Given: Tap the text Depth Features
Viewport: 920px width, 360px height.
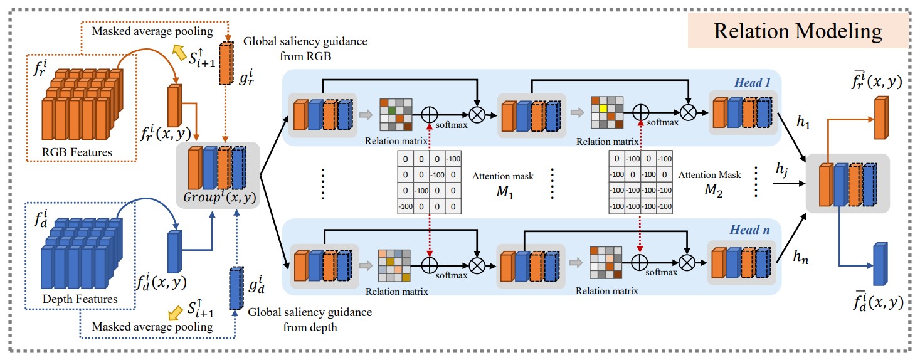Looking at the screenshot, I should [80, 299].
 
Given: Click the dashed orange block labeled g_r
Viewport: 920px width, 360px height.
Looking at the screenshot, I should [226, 63].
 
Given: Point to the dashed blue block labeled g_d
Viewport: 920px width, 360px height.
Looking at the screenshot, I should [236, 288].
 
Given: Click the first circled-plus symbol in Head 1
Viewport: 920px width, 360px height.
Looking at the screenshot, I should [430, 114].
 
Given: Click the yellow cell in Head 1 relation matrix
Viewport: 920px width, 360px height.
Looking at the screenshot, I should [603, 109].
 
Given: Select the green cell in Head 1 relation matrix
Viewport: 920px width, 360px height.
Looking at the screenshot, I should [391, 110].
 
